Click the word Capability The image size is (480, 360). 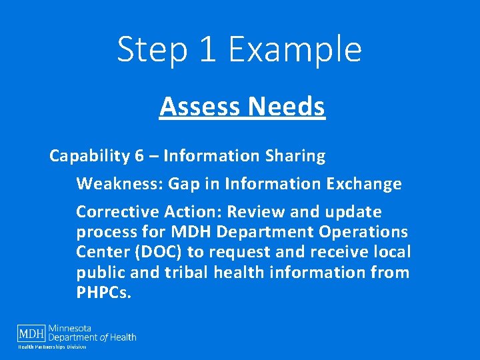pyautogui.click(x=89, y=156)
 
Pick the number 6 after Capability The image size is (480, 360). pyautogui.click(x=139, y=156)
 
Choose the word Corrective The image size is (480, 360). pyautogui.click(x=115, y=212)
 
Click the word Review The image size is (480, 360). pyautogui.click(x=254, y=212)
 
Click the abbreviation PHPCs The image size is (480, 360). pyautogui.click(x=104, y=293)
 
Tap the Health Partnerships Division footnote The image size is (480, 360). pyautogui.click(x=52, y=347)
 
